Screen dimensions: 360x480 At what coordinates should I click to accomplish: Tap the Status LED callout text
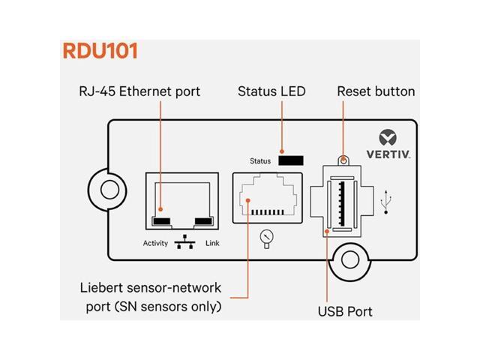(x=271, y=91)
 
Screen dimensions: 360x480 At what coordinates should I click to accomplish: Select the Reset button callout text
(x=376, y=91)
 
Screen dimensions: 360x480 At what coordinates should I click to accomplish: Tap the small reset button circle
(x=343, y=160)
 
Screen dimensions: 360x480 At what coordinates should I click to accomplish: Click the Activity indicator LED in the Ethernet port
(x=161, y=221)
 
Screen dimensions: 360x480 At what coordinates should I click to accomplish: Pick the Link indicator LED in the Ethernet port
(x=204, y=221)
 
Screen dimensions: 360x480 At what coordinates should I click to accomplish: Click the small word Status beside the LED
(x=262, y=160)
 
